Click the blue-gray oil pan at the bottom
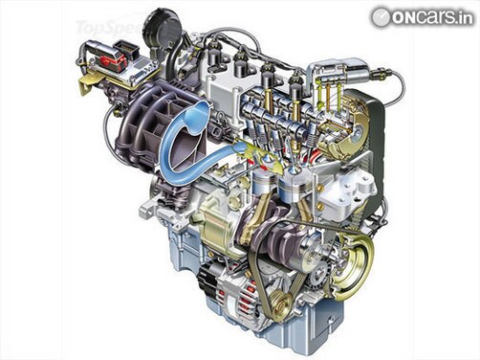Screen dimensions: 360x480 click(x=316, y=326)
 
